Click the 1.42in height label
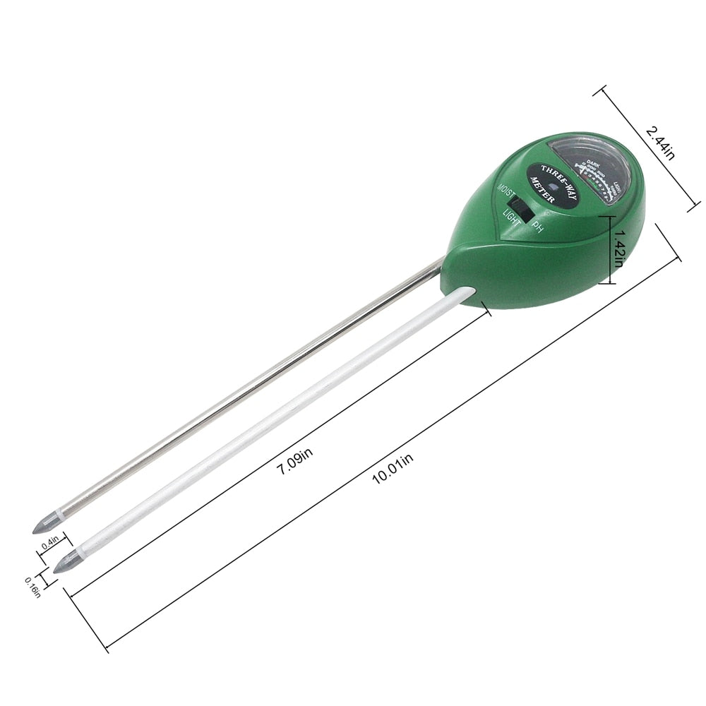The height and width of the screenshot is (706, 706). click(x=619, y=249)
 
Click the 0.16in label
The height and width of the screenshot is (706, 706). click(x=32, y=586)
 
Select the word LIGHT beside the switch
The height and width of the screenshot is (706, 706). click(x=512, y=221)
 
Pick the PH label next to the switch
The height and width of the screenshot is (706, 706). click(x=539, y=227)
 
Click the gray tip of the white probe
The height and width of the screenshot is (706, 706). click(x=66, y=562)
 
